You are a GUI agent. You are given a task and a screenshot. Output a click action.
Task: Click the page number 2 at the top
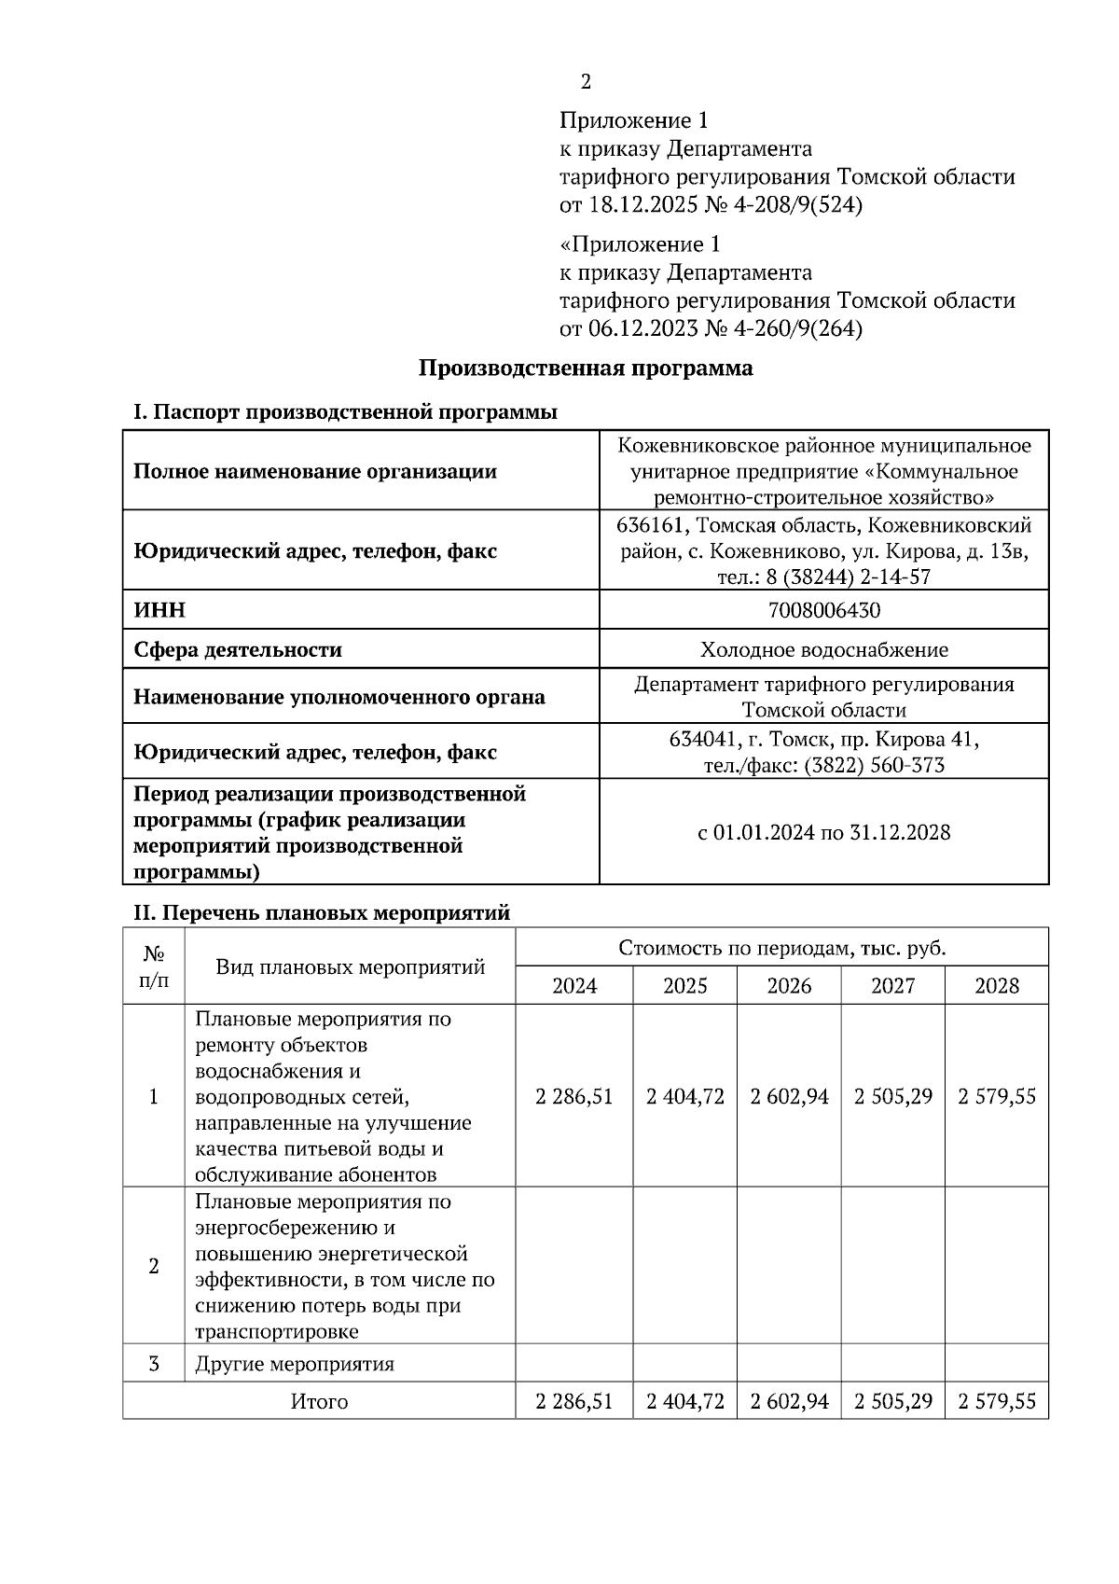(586, 82)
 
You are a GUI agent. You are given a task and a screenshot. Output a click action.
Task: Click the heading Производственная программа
(585, 368)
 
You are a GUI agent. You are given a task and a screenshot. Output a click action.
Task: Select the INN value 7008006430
(823, 610)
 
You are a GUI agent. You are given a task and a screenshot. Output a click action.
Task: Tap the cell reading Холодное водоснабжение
(823, 649)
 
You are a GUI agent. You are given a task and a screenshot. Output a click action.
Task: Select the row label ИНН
(159, 610)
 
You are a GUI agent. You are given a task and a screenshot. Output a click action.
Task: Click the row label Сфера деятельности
(238, 649)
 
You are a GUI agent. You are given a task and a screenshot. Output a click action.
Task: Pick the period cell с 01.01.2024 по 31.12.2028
(823, 832)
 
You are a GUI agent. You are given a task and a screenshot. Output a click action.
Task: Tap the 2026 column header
(789, 985)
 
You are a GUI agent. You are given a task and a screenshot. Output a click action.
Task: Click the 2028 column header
(996, 985)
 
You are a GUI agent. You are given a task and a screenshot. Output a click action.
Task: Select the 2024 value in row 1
(574, 1096)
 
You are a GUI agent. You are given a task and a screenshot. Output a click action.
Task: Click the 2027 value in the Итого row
(892, 1401)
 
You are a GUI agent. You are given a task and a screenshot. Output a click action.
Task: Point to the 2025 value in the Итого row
(684, 1401)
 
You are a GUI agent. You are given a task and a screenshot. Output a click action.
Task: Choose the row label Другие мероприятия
(295, 1364)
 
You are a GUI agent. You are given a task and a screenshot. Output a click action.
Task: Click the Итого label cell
(319, 1401)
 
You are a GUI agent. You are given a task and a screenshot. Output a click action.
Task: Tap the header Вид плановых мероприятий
(350, 966)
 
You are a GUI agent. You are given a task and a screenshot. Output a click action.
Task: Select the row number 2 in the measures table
(154, 1266)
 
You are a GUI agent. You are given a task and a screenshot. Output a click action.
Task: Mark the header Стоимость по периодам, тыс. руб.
(781, 948)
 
